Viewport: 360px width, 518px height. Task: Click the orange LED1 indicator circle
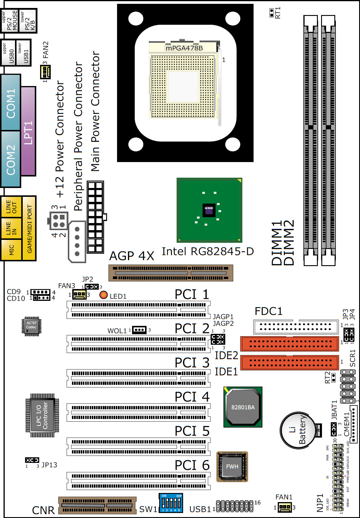[103, 295]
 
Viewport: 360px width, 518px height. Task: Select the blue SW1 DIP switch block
[171, 503]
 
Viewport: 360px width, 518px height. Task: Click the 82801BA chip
[243, 407]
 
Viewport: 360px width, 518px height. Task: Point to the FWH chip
[232, 466]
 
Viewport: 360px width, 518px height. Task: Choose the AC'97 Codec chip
[31, 326]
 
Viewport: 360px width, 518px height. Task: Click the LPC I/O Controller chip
[42, 415]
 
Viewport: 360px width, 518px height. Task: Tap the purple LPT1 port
[28, 131]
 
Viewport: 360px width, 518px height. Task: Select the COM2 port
[11, 159]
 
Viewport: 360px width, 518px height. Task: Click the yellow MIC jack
[11, 250]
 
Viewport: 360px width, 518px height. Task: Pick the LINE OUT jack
[11, 207]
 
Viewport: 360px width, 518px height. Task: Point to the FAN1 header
[285, 507]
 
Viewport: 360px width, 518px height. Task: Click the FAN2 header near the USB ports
[45, 72]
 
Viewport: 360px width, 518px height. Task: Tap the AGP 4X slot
[171, 273]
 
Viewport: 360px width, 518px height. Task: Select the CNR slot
[97, 505]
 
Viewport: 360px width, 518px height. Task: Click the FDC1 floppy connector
[296, 326]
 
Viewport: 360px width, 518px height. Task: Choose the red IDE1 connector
[290, 363]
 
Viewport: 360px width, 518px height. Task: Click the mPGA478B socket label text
[184, 48]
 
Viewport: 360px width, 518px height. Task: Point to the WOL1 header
[139, 330]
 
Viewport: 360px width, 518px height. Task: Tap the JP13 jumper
[32, 460]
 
